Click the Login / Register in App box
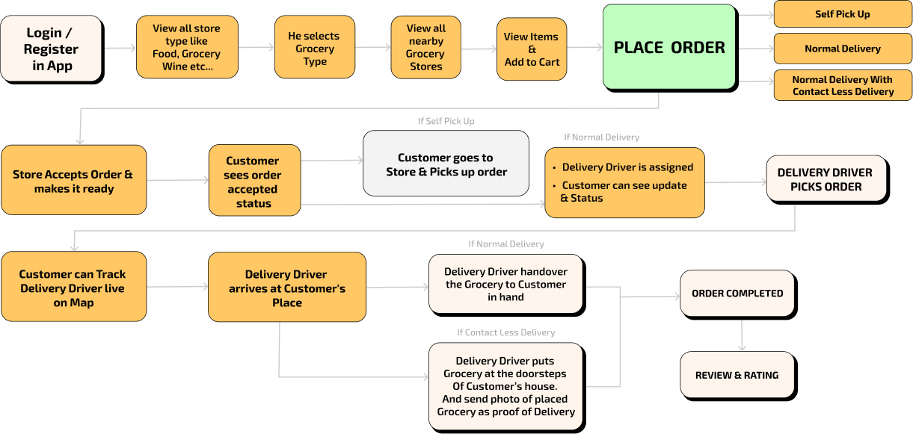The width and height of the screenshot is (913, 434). tap(51, 49)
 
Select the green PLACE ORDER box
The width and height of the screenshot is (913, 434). tap(668, 48)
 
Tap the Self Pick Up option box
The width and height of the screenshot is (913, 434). tap(842, 14)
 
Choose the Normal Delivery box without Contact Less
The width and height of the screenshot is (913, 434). tap(842, 49)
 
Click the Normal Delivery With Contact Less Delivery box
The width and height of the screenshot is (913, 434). tap(842, 85)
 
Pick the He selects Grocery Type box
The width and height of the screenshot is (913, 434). tap(314, 48)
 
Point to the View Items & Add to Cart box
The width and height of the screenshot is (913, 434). tap(531, 49)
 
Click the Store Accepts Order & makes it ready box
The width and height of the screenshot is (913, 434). tap(73, 181)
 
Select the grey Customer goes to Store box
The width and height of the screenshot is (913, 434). tap(446, 164)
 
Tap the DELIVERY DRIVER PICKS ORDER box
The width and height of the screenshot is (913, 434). tap(826, 179)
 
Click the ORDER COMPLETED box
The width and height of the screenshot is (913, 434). tap(737, 294)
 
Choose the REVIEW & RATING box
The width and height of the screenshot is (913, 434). tap(737, 375)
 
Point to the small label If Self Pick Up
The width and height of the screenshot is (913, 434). tap(446, 121)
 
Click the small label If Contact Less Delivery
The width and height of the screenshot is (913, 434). tap(505, 332)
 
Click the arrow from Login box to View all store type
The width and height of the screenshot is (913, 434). tap(119, 49)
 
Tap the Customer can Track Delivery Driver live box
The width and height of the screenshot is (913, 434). tap(73, 288)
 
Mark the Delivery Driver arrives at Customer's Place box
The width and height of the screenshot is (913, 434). tap(287, 288)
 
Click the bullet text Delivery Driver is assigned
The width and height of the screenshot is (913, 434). tap(627, 167)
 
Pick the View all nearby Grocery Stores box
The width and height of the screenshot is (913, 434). tap(425, 48)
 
